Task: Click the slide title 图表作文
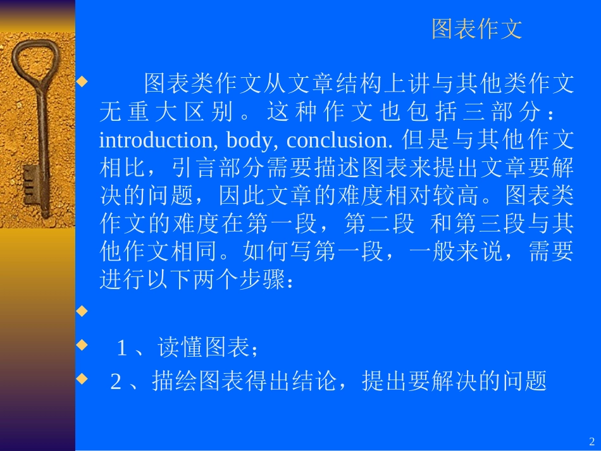click(x=477, y=29)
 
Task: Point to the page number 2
click(x=592, y=441)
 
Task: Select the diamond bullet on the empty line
click(x=82, y=311)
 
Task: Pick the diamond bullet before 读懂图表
click(x=82, y=345)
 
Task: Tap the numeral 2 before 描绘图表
click(x=116, y=382)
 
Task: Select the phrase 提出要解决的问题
click(x=454, y=381)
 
